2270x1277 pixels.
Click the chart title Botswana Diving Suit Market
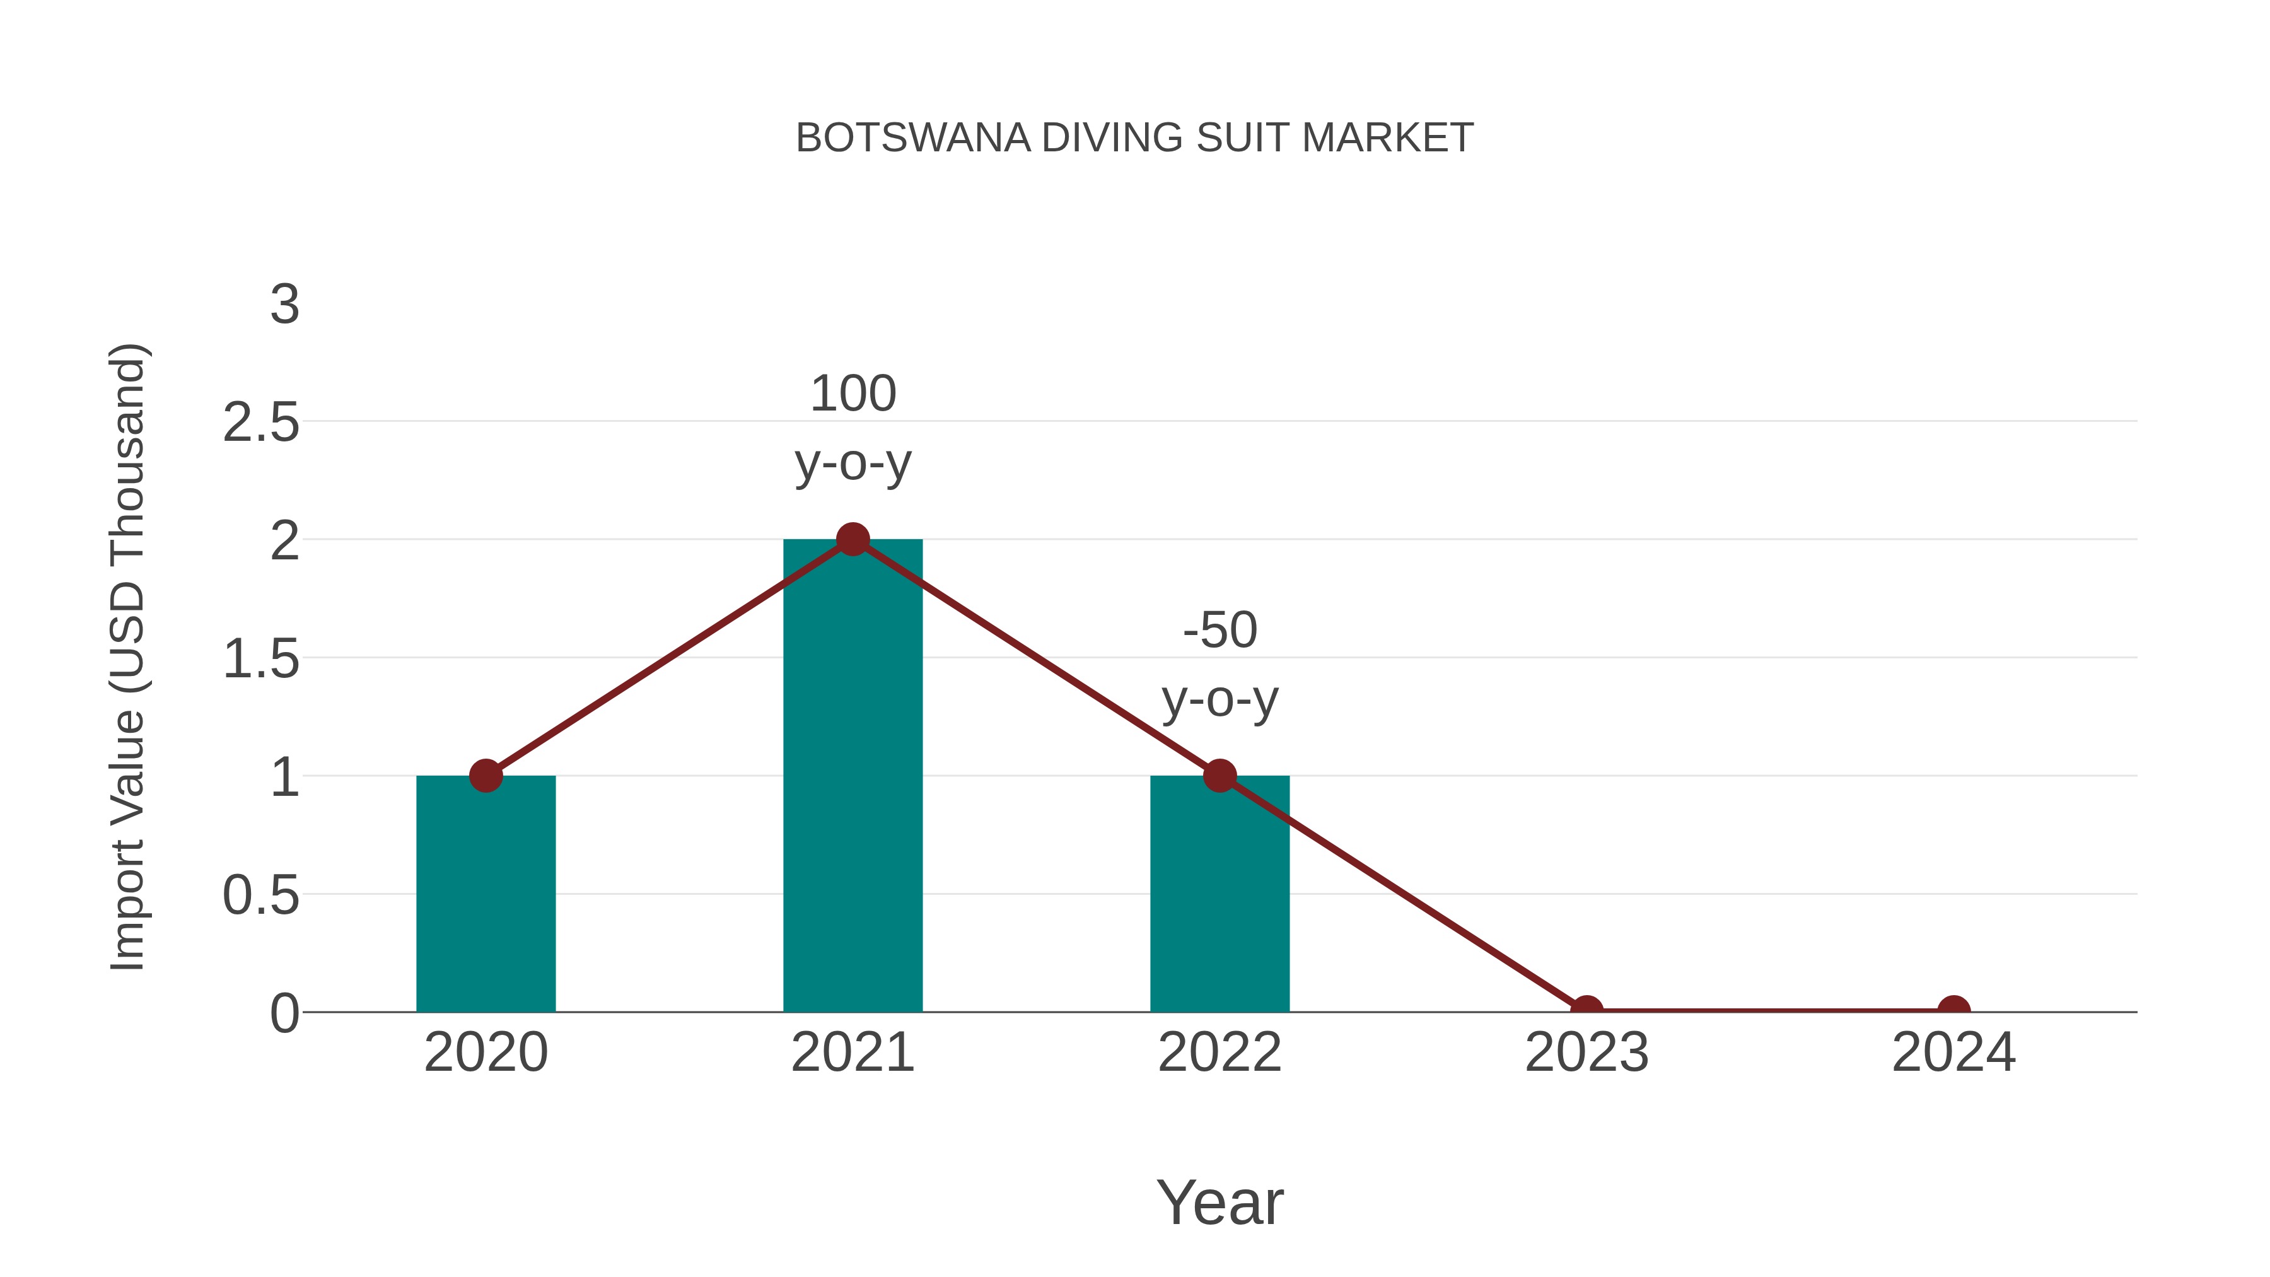click(1134, 138)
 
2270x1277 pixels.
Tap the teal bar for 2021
click(852, 793)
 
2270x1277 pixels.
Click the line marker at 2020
click(486, 776)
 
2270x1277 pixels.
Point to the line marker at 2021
click(852, 539)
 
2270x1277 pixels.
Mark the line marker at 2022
click(1219, 776)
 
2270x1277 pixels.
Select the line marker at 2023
click(1586, 1010)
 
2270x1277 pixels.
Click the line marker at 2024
click(1953, 1010)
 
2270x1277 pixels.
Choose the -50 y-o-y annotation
click(1219, 665)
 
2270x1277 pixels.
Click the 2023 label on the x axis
click(1586, 1053)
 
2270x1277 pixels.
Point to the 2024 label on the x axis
click(1953, 1053)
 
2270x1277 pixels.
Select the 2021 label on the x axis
click(852, 1053)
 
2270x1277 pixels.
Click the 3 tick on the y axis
click(284, 305)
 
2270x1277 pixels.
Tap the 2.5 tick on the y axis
click(261, 423)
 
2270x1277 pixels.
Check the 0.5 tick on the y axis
click(261, 896)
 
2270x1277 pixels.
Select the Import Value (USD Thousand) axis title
click(128, 658)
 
